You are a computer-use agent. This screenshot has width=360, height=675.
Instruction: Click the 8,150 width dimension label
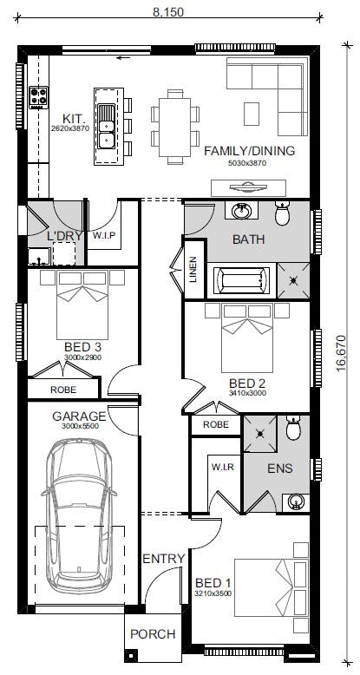click(168, 11)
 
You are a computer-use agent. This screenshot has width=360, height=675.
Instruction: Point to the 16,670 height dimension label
click(341, 353)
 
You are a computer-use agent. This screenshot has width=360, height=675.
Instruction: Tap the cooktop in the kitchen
click(38, 98)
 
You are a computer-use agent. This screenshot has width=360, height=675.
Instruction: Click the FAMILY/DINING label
click(249, 151)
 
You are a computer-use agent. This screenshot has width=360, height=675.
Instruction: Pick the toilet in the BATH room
click(283, 213)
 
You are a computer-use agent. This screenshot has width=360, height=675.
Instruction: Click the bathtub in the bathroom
click(241, 281)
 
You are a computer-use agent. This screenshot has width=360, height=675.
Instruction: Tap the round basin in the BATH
click(240, 211)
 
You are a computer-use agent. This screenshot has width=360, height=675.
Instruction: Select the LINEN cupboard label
click(193, 270)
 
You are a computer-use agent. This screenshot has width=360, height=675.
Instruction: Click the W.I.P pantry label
click(104, 235)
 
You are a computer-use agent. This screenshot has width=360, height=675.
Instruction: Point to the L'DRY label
click(60, 236)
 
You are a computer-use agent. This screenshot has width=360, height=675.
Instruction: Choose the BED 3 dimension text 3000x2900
click(82, 357)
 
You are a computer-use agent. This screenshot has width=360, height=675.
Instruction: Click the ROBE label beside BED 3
click(63, 390)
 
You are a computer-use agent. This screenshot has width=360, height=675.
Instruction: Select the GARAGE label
click(79, 416)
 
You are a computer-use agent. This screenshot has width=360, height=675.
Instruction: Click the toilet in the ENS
click(293, 429)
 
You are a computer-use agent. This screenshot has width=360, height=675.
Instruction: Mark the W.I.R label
click(223, 467)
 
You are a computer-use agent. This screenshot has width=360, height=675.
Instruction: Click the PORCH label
click(153, 634)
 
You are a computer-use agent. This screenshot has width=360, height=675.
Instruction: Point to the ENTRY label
click(164, 559)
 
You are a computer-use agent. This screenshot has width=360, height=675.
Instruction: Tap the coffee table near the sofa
click(252, 114)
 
